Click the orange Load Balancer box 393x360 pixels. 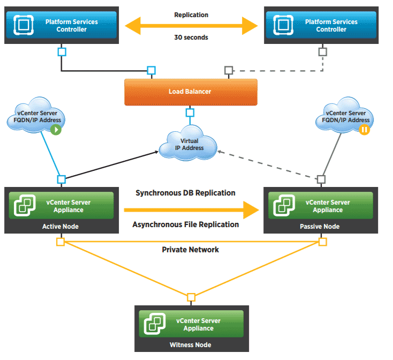[x=190, y=92]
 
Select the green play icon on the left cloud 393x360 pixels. [x=57, y=130]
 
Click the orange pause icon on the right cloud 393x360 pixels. [x=365, y=130]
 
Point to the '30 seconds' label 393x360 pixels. [x=191, y=37]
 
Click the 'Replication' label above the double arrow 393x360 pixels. [x=191, y=15]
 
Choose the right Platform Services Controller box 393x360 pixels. [x=322, y=25]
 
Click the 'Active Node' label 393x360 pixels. [x=61, y=227]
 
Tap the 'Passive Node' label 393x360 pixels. [x=320, y=227]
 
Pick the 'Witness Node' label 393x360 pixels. [x=190, y=344]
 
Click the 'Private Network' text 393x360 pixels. [x=191, y=250]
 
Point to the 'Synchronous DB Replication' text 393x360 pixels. [x=185, y=193]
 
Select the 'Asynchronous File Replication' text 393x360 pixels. [x=185, y=224]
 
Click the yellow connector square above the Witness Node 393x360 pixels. [x=191, y=297]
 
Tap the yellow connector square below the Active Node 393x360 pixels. [x=61, y=242]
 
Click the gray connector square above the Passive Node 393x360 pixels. [x=321, y=179]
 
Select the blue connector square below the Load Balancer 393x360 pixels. [x=190, y=112]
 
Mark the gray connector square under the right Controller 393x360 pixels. [x=322, y=52]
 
